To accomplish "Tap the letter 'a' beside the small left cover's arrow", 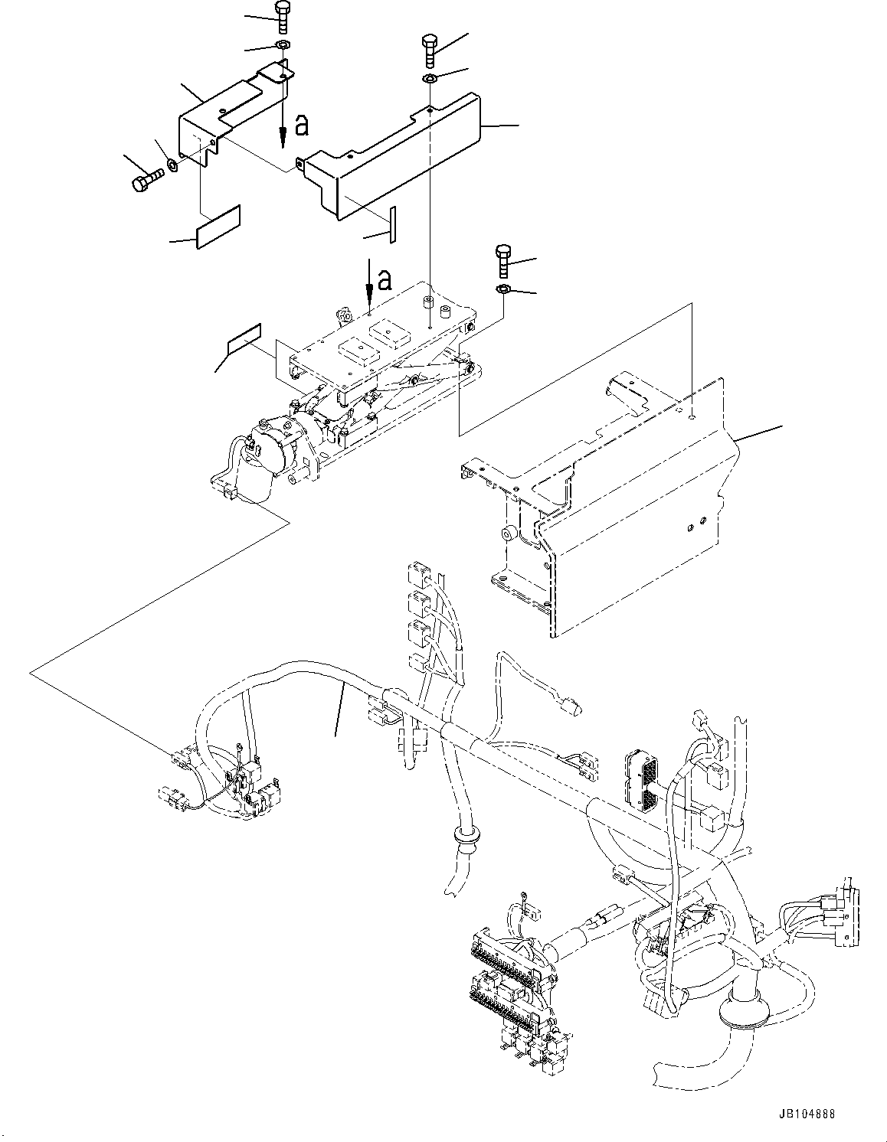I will pyautogui.click(x=303, y=125).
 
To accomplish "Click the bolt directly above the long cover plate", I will pyautogui.click(x=430, y=52).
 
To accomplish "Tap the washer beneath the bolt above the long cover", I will pyautogui.click(x=430, y=79).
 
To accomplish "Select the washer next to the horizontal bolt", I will pyautogui.click(x=173, y=165).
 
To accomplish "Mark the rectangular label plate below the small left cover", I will pyautogui.click(x=218, y=227).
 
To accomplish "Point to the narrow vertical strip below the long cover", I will pyautogui.click(x=391, y=224).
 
